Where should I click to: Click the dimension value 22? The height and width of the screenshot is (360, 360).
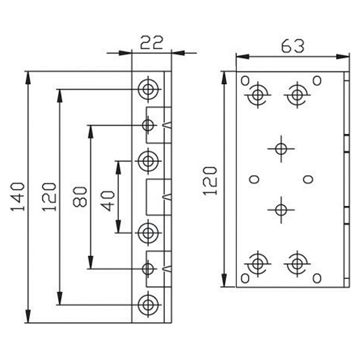[x=151, y=43]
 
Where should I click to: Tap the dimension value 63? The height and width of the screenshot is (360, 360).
[x=293, y=46]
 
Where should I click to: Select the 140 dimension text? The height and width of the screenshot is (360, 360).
[x=17, y=197]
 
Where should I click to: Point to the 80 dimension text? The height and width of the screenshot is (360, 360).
[x=80, y=197]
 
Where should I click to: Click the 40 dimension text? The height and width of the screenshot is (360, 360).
[x=107, y=200]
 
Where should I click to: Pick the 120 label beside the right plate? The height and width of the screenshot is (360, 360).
[x=210, y=181]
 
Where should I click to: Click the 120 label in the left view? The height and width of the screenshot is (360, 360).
[x=49, y=197]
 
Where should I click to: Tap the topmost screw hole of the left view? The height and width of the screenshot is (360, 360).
[x=148, y=89]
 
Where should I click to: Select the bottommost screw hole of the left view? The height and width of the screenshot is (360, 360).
[x=148, y=304]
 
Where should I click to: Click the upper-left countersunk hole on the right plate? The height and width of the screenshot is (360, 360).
[x=257, y=95]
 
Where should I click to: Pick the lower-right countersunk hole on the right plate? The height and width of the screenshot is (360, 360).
[x=297, y=263]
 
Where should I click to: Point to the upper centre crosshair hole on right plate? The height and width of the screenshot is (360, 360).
[x=281, y=149]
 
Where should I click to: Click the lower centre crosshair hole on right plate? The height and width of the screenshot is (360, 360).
[x=281, y=209]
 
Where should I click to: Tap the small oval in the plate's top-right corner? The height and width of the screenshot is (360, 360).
[x=317, y=80]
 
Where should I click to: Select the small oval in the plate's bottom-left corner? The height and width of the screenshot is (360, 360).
[x=245, y=278]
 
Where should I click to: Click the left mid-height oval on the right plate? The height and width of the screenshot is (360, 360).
[x=254, y=179]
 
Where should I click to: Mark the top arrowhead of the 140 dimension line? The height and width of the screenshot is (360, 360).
[x=28, y=77]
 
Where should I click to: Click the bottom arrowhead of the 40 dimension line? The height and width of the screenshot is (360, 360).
[x=118, y=227]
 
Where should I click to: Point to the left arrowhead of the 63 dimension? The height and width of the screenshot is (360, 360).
[x=242, y=56]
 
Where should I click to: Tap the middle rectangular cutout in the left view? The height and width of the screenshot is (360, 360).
[x=158, y=197]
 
